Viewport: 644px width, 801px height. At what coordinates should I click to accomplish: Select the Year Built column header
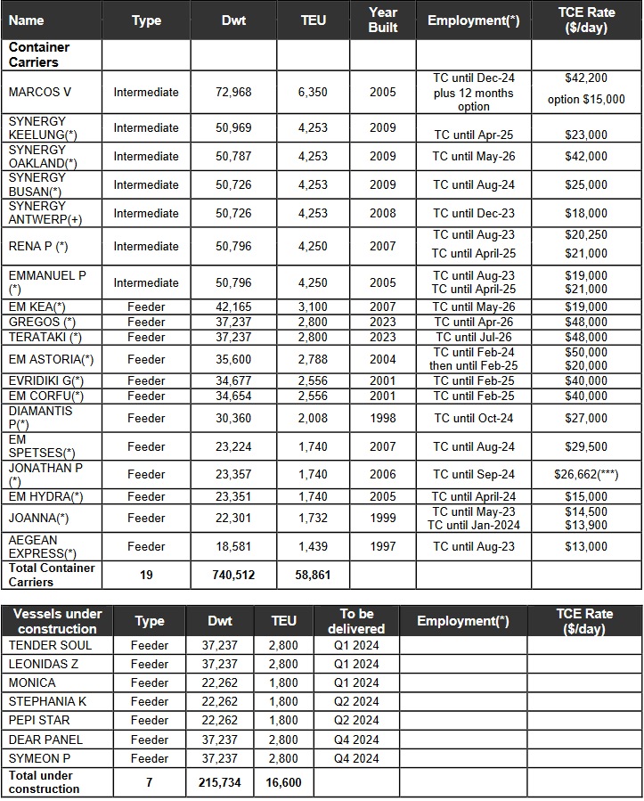pyautogui.click(x=383, y=20)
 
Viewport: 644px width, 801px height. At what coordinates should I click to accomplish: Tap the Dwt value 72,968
pyautogui.click(x=233, y=92)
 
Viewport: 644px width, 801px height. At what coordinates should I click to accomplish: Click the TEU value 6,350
pyautogui.click(x=313, y=92)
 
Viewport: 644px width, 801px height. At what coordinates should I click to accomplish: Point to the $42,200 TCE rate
pyautogui.click(x=586, y=78)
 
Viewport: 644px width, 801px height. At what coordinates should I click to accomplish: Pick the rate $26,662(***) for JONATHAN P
pyautogui.click(x=586, y=475)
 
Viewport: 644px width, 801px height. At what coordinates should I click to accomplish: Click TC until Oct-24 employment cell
pyautogui.click(x=474, y=418)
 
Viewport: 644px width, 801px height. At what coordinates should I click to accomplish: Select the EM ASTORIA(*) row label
pyautogui.click(x=51, y=359)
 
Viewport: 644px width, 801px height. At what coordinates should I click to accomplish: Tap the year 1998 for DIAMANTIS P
pyautogui.click(x=383, y=418)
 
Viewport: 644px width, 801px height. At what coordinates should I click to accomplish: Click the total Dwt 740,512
pyautogui.click(x=233, y=576)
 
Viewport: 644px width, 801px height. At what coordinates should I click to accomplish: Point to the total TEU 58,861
pyautogui.click(x=313, y=576)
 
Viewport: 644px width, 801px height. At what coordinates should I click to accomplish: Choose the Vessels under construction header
pyautogui.click(x=57, y=621)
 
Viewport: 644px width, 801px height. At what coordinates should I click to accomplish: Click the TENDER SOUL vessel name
pyautogui.click(x=50, y=645)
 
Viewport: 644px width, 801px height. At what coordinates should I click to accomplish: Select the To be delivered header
pyautogui.click(x=355, y=621)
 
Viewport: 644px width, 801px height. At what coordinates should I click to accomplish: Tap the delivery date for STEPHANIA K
pyautogui.click(x=355, y=701)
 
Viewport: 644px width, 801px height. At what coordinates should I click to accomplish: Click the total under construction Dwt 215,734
pyautogui.click(x=219, y=782)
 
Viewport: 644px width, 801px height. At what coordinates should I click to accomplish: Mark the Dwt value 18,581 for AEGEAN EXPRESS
pyautogui.click(x=233, y=547)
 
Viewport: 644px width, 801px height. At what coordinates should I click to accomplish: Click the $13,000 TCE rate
pyautogui.click(x=586, y=547)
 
